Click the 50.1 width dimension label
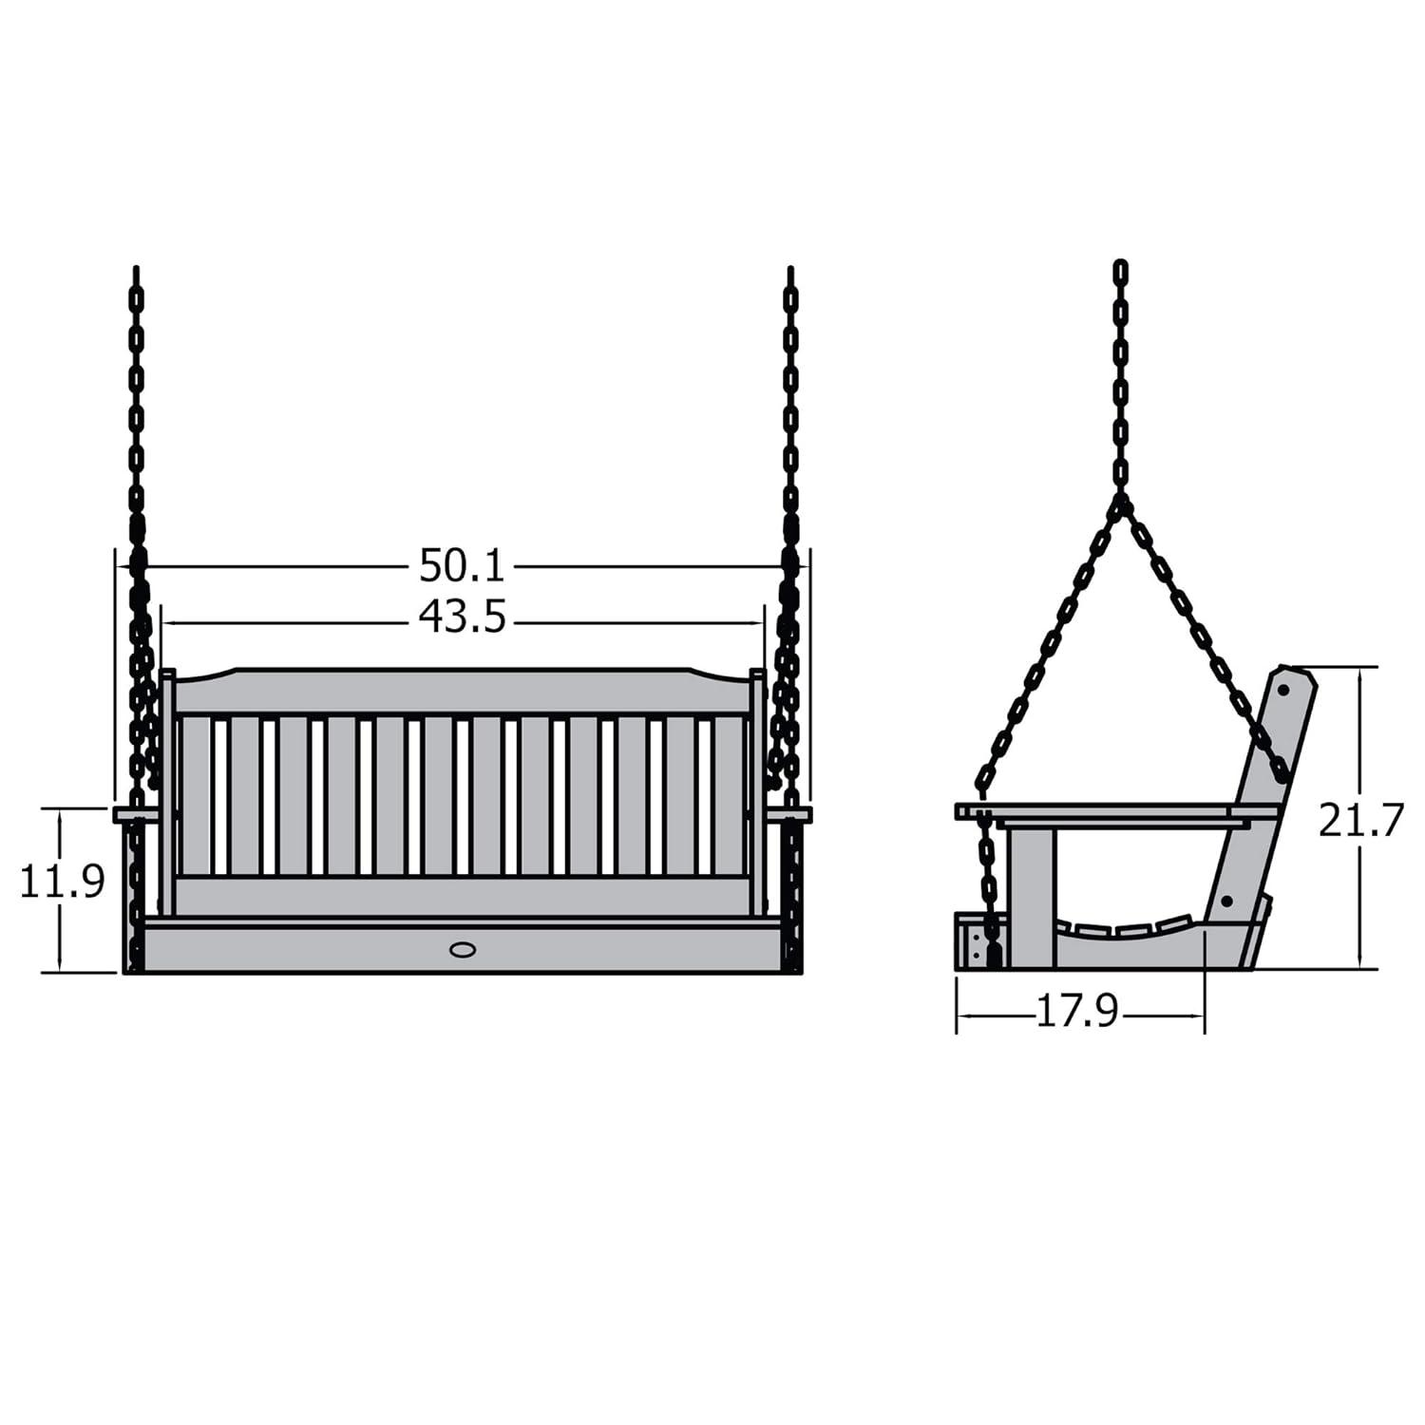pos(462,567)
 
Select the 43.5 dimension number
pos(463,618)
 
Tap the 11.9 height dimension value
pos(62,883)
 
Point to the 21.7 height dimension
pos(1360,821)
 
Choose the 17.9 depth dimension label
pos(1077,1013)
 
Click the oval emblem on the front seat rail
pos(463,949)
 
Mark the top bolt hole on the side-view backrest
pos(1282,689)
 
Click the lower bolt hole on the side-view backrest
pos(1226,900)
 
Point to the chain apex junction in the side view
pos(1122,501)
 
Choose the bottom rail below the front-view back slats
pos(463,896)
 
